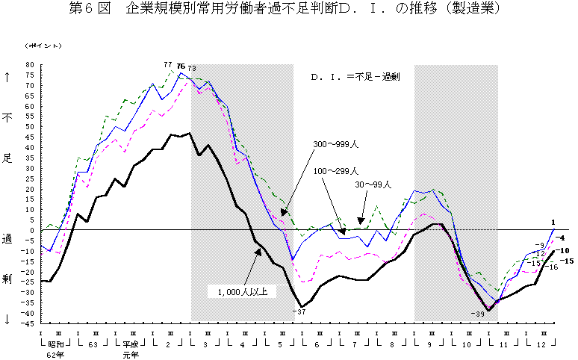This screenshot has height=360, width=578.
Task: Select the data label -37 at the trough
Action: pos(300,311)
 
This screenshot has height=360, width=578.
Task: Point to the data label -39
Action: pos(479,314)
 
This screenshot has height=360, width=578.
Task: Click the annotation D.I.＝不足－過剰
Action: pos(352,76)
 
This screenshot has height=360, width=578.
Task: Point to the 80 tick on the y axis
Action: pos(31,65)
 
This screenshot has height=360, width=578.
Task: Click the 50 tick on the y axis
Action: pos(31,127)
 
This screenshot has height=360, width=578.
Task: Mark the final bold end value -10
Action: pos(565,251)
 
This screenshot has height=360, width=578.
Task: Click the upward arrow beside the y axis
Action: pos(8,77)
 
